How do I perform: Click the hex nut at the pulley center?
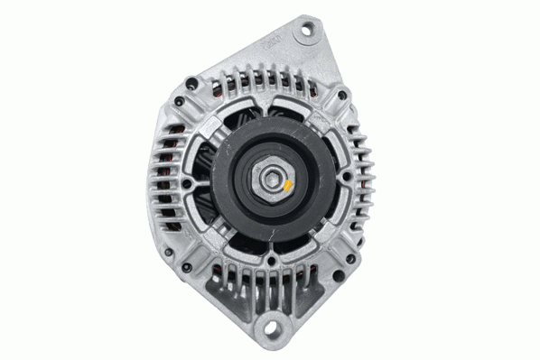coord(270,180)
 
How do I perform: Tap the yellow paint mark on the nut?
coord(285,187)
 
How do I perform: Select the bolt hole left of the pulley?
coord(186,184)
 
